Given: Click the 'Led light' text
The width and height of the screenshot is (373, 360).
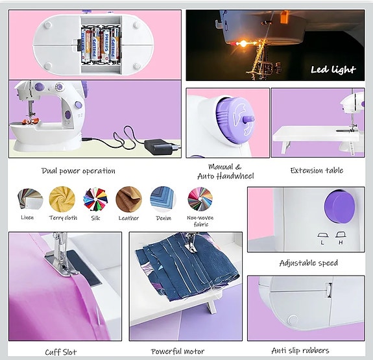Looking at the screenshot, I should pos(333,70).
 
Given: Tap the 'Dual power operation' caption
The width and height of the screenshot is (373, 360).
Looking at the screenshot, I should pos(78,171).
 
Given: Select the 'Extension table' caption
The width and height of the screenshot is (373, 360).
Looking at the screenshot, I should pos(317,171).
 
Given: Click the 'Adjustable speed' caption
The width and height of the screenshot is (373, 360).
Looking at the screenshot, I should pos(308,263).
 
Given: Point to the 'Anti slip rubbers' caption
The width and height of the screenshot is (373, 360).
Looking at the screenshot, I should pos(300,350).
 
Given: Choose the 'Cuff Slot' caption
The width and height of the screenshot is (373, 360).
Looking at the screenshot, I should pos(61,352).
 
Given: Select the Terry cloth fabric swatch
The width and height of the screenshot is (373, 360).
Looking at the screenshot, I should pos(63,198).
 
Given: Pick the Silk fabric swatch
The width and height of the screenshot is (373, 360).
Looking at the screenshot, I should pos(96,198).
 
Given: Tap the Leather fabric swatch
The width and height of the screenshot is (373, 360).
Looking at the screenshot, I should pos(128,198).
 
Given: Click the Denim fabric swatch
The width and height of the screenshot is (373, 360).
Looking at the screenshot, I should pos(162,198).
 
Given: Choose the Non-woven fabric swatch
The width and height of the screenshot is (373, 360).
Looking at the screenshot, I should pos(200,198).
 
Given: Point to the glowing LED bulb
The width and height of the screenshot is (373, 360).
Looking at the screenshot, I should pos(244,43).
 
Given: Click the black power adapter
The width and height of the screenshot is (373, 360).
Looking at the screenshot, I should pos(158,148).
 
